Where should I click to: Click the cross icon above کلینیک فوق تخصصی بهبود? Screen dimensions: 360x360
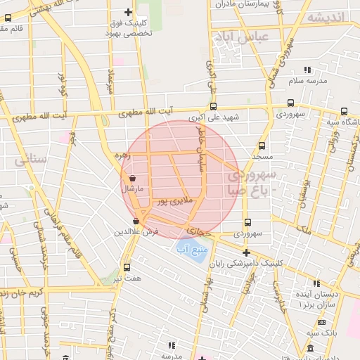127,12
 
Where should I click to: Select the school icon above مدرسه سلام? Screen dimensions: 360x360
307,70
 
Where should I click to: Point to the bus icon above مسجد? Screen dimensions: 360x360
262,146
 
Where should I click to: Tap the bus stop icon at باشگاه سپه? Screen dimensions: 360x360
344,111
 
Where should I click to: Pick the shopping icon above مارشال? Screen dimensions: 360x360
132,179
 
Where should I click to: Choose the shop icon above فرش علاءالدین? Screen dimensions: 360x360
136,222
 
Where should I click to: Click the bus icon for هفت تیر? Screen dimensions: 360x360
127,267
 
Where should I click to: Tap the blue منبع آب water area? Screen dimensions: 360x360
189,250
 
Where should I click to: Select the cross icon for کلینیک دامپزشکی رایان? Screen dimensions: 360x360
246,252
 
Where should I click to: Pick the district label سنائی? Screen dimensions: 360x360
30,160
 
